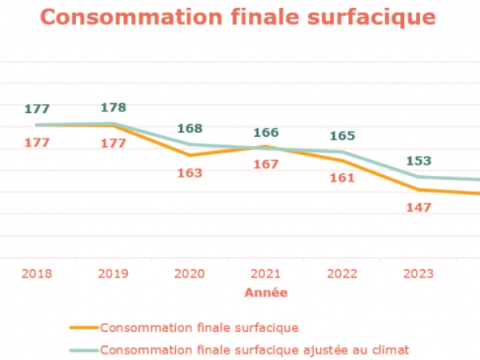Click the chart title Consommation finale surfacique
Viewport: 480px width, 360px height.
tap(238, 17)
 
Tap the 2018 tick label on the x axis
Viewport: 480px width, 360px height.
tap(37, 274)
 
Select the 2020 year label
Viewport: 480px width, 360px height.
tap(190, 274)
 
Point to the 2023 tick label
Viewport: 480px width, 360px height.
tap(418, 274)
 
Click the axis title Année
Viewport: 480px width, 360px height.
tap(266, 293)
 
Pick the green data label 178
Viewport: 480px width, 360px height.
tap(113, 107)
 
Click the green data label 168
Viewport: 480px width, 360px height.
tap(190, 128)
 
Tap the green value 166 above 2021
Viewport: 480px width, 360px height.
tap(266, 133)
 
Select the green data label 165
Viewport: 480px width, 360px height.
tap(343, 136)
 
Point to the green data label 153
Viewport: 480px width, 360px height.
tap(419, 161)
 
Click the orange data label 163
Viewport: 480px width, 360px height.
tap(190, 173)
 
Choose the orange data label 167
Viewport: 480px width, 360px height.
tap(266, 164)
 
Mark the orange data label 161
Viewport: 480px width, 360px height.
tap(342, 178)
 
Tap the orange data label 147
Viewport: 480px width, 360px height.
tap(419, 208)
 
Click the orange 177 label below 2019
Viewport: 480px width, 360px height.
tap(113, 143)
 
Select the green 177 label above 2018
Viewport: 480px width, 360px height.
tap(37, 109)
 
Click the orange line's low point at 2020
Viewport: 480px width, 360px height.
tap(190, 155)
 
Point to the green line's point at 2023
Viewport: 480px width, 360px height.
tap(419, 177)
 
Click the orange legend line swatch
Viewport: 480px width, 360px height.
tap(84, 328)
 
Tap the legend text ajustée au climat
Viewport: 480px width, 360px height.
tap(356, 350)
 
